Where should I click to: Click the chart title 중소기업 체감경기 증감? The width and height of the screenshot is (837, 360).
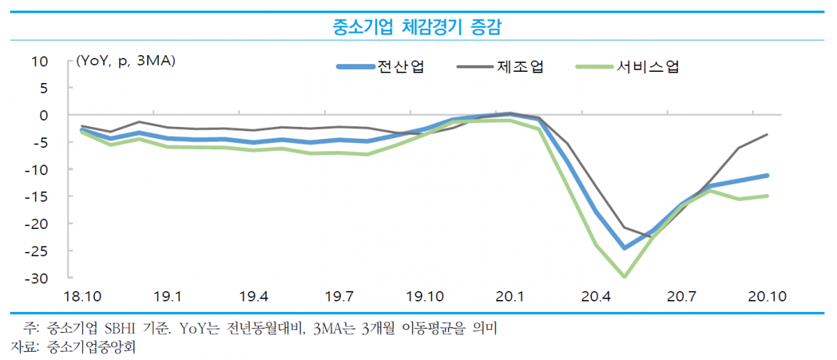[417, 27]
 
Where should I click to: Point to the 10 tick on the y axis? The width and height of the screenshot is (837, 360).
[40, 61]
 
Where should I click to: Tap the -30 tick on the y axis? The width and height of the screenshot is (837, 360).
[36, 278]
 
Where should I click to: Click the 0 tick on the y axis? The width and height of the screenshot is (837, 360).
[43, 115]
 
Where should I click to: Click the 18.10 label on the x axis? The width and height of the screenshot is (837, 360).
[82, 297]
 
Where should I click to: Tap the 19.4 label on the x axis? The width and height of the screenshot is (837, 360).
[254, 297]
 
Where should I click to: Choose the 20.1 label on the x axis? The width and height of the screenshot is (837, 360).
[510, 297]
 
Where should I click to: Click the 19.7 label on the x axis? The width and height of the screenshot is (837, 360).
[339, 297]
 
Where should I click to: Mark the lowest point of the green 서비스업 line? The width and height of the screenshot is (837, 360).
[624, 277]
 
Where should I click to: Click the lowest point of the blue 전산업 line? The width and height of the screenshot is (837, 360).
[624, 248]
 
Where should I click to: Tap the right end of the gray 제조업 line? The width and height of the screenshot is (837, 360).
[768, 134]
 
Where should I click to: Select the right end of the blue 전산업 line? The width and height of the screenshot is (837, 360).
[768, 175]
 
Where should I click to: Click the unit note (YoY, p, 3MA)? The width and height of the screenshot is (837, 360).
[126, 61]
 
